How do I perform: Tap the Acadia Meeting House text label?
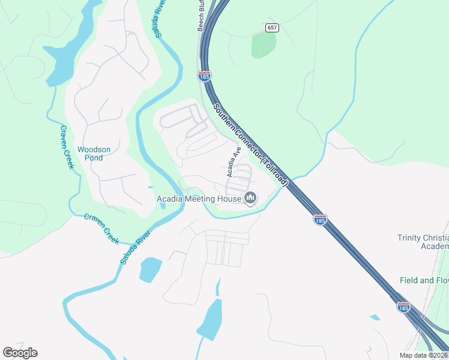click(x=199, y=199)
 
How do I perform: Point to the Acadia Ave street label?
click(x=234, y=162)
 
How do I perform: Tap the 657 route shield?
click(x=273, y=28)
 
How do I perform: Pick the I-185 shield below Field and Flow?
click(x=403, y=307)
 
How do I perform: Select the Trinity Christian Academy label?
click(x=423, y=242)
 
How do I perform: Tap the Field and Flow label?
click(x=424, y=280)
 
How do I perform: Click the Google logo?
click(x=20, y=353)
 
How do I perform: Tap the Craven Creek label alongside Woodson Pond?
click(x=66, y=147)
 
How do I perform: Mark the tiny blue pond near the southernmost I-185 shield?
click(x=375, y=317)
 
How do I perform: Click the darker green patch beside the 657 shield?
click(x=264, y=44)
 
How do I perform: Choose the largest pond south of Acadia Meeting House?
click(x=209, y=320)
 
